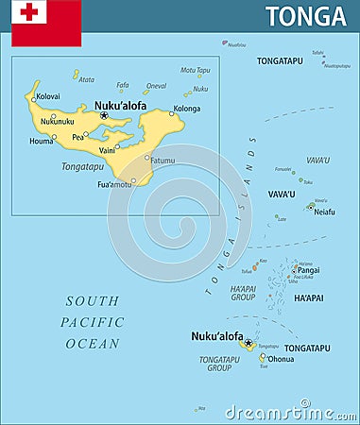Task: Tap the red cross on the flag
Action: point(30,12)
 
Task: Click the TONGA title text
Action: point(305,16)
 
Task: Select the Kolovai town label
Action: point(48,95)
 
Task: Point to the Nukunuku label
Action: point(58,121)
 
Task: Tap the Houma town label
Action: point(41,142)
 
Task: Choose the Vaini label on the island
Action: point(107,150)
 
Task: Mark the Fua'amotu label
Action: point(114,184)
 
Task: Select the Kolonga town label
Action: point(187,109)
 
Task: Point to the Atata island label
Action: point(86,79)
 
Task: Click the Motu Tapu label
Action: point(196,70)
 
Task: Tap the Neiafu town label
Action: point(324,212)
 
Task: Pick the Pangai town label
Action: point(308,270)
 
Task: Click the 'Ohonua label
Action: point(281,359)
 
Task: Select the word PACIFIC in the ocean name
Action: point(93,322)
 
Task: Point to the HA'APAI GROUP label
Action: point(243,293)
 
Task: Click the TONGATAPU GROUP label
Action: point(219,364)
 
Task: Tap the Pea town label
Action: point(77,137)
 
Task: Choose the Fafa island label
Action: point(123,85)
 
